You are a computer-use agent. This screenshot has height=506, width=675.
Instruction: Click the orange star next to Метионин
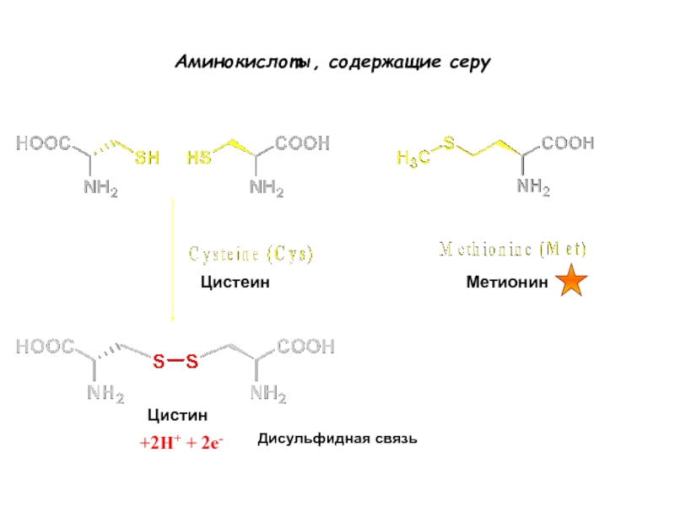pyautogui.click(x=573, y=281)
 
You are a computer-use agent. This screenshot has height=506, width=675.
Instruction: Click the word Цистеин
pyautogui.click(x=235, y=283)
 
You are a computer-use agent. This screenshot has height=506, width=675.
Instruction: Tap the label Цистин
pyautogui.click(x=177, y=415)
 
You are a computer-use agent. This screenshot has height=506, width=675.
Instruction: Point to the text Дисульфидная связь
pyautogui.click(x=337, y=439)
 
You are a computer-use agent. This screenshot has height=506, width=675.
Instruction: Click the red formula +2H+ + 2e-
pyautogui.click(x=181, y=442)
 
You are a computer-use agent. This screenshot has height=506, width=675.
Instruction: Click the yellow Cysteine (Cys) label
pyautogui.click(x=250, y=254)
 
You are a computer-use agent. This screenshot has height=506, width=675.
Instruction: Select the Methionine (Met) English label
pyautogui.click(x=514, y=250)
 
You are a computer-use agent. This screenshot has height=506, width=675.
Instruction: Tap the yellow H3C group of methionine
pyautogui.click(x=413, y=157)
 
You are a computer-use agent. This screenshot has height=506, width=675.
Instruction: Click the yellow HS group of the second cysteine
pyautogui.click(x=199, y=158)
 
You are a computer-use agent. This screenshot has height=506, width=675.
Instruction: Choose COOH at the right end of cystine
pyautogui.click(x=306, y=346)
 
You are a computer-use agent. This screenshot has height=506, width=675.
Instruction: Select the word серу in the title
pyautogui.click(x=471, y=63)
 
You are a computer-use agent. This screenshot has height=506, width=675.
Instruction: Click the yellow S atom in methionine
pyautogui.click(x=449, y=143)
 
